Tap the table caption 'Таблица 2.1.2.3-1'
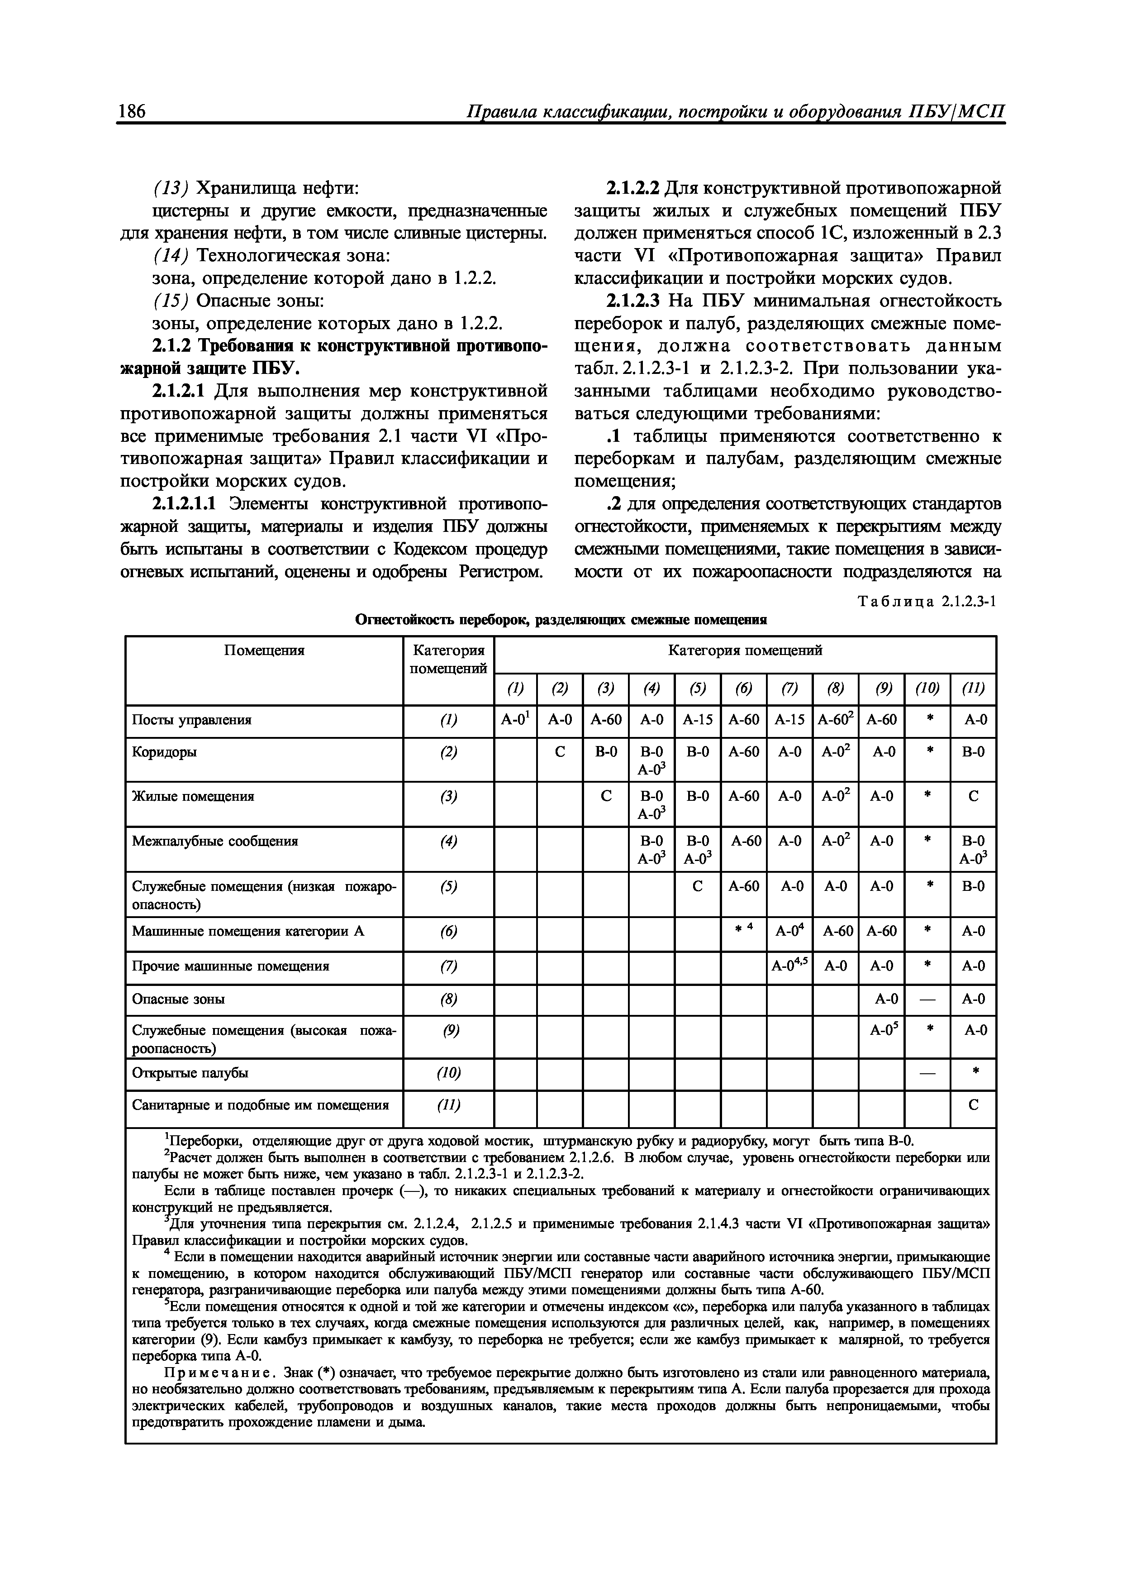point(927,601)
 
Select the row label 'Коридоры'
point(164,752)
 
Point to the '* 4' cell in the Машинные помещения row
point(743,932)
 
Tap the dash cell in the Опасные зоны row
point(927,1000)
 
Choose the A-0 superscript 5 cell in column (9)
point(881,1031)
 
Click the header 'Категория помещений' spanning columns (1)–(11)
point(745,651)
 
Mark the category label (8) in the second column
point(449,1000)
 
